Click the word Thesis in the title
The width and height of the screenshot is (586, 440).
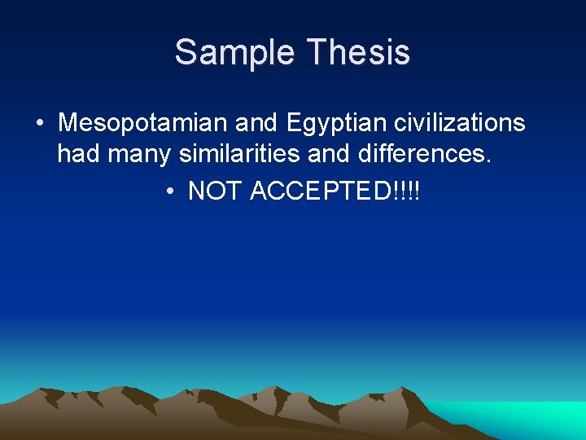pyautogui.click(x=358, y=53)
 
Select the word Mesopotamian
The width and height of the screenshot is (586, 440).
pyautogui.click(x=143, y=124)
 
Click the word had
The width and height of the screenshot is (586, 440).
pyautogui.click(x=77, y=155)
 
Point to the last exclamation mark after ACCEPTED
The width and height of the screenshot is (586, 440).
pyautogui.click(x=418, y=191)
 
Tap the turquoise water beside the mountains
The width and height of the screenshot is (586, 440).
pyautogui.click(x=521, y=420)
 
